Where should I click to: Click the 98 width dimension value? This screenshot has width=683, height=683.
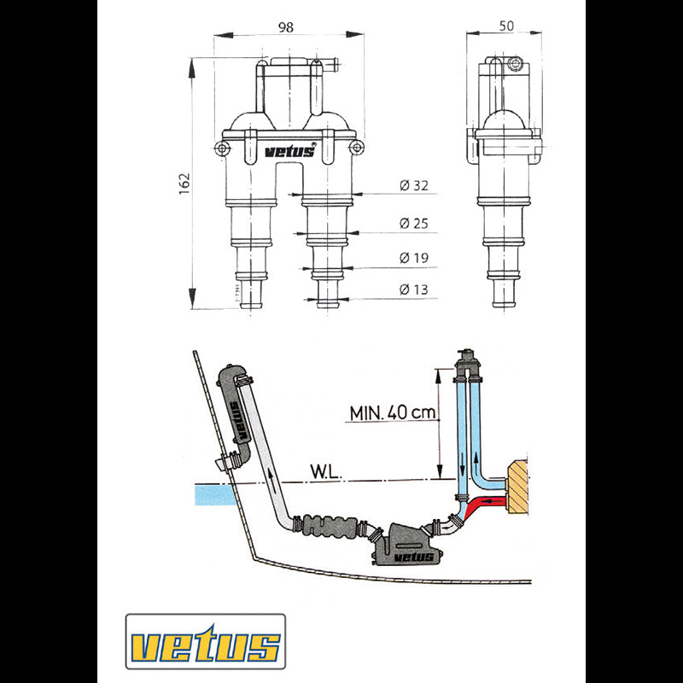point(286,26)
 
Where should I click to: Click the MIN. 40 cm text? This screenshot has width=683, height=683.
point(393,413)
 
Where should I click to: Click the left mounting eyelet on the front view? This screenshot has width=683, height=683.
point(223,149)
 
